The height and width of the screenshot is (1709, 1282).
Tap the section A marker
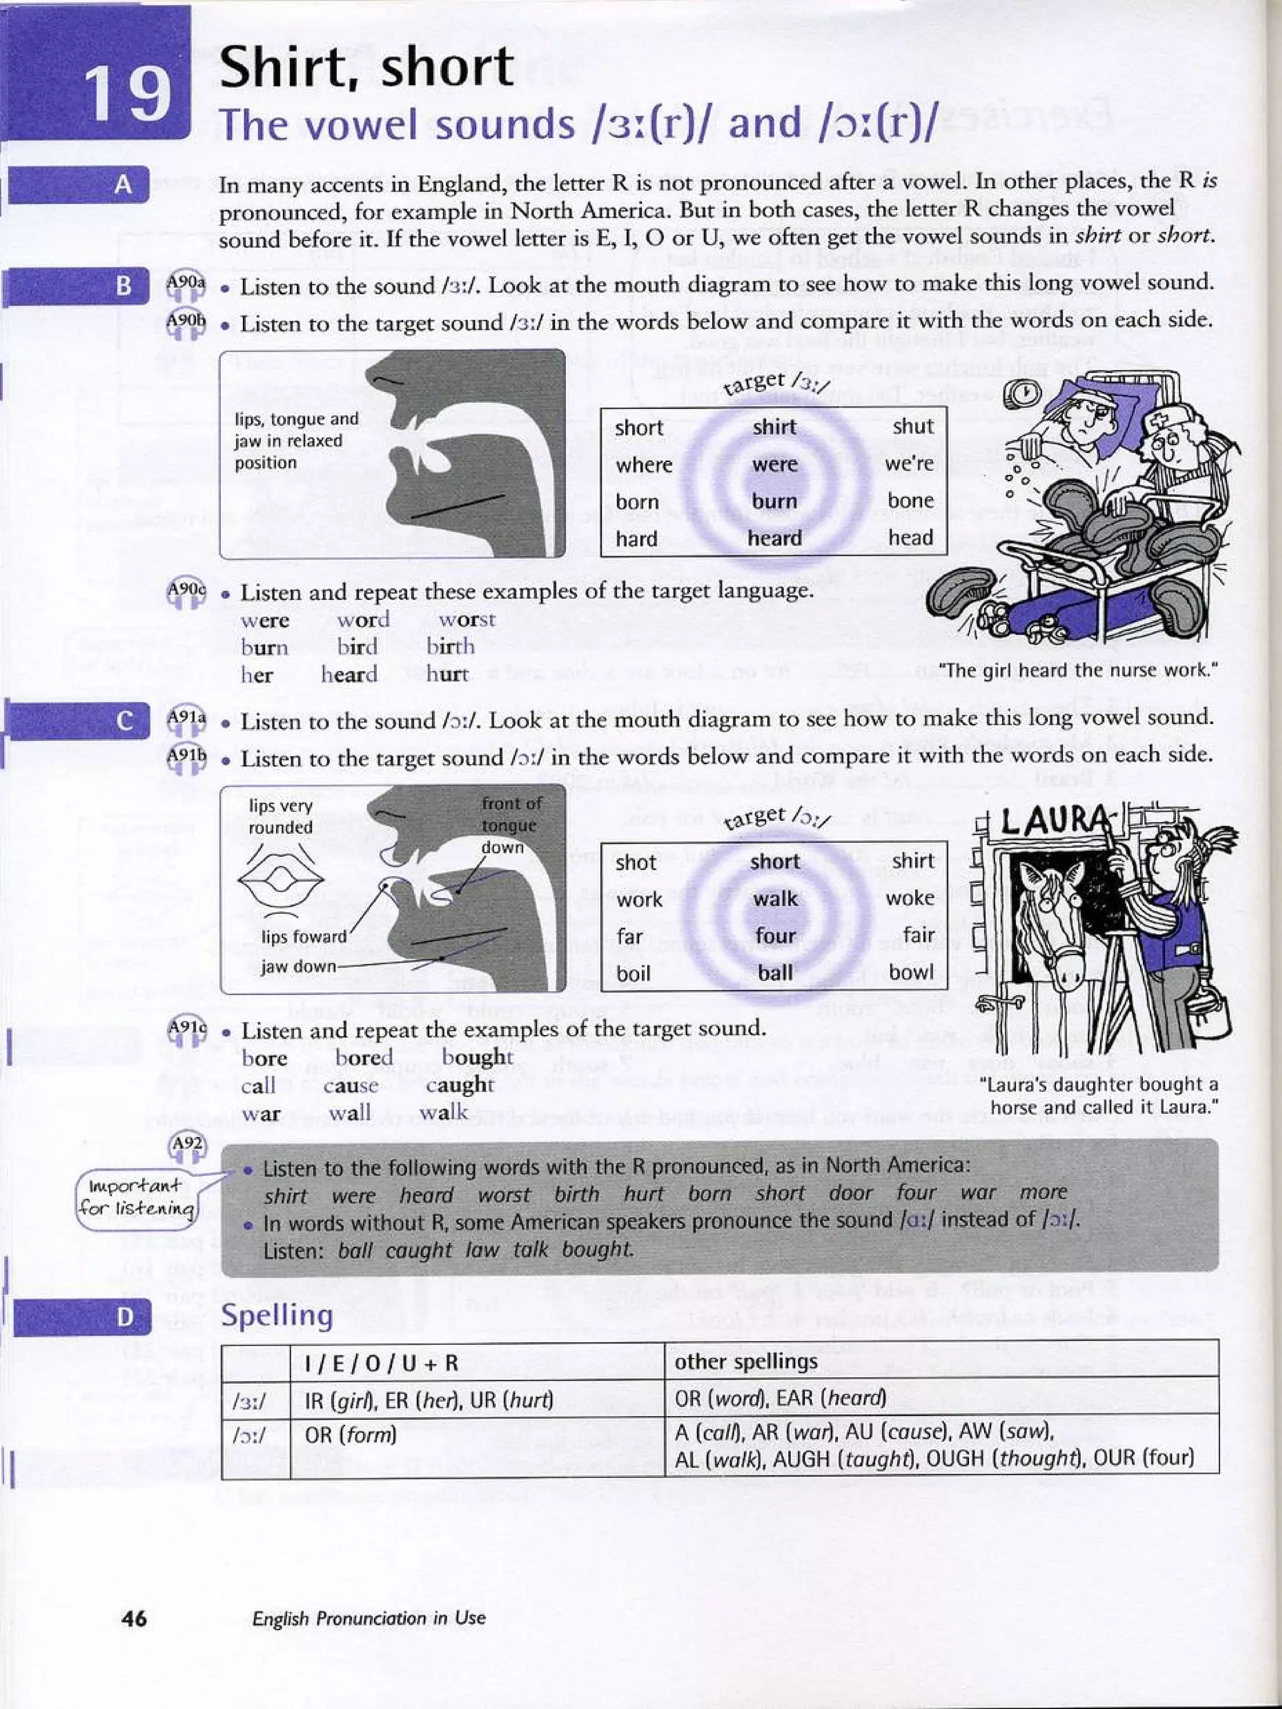[x=123, y=185]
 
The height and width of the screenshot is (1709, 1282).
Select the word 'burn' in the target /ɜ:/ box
[x=774, y=501]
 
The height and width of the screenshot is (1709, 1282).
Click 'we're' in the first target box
[x=909, y=464]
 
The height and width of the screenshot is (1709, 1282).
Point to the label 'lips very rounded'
[x=281, y=816]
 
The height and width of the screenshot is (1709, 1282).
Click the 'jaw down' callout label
[x=297, y=966]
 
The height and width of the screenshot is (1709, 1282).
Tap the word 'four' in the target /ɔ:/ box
[x=774, y=936]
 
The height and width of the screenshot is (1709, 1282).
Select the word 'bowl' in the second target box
[x=911, y=972]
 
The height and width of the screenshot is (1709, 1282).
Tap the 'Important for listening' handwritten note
[x=138, y=1196]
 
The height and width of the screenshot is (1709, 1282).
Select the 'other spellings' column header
[x=746, y=1361]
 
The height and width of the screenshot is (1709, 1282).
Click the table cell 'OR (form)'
[x=350, y=1435]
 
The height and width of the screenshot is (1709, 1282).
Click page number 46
[x=135, y=1617]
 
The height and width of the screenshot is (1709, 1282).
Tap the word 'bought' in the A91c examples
[x=477, y=1056]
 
